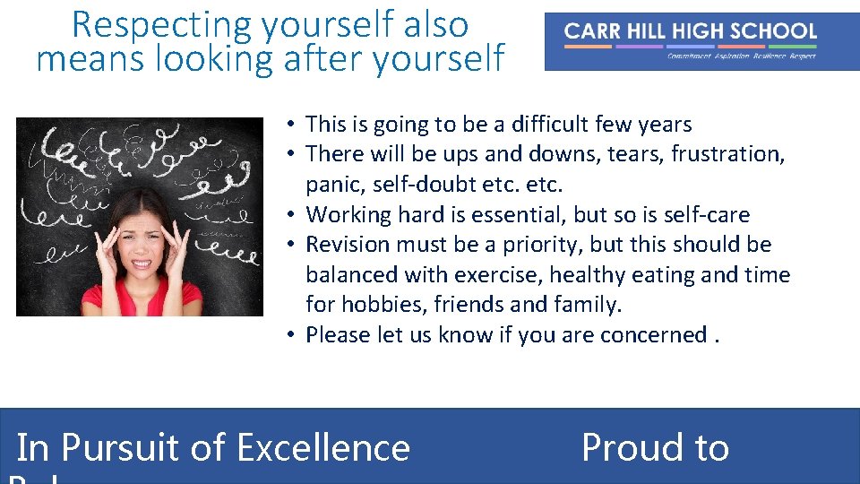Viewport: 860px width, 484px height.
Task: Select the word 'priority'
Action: pos(568,245)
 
